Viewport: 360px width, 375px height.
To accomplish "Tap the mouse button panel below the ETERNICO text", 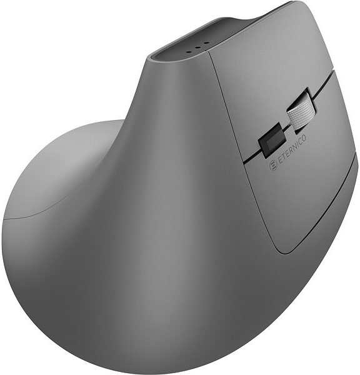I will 300,200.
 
